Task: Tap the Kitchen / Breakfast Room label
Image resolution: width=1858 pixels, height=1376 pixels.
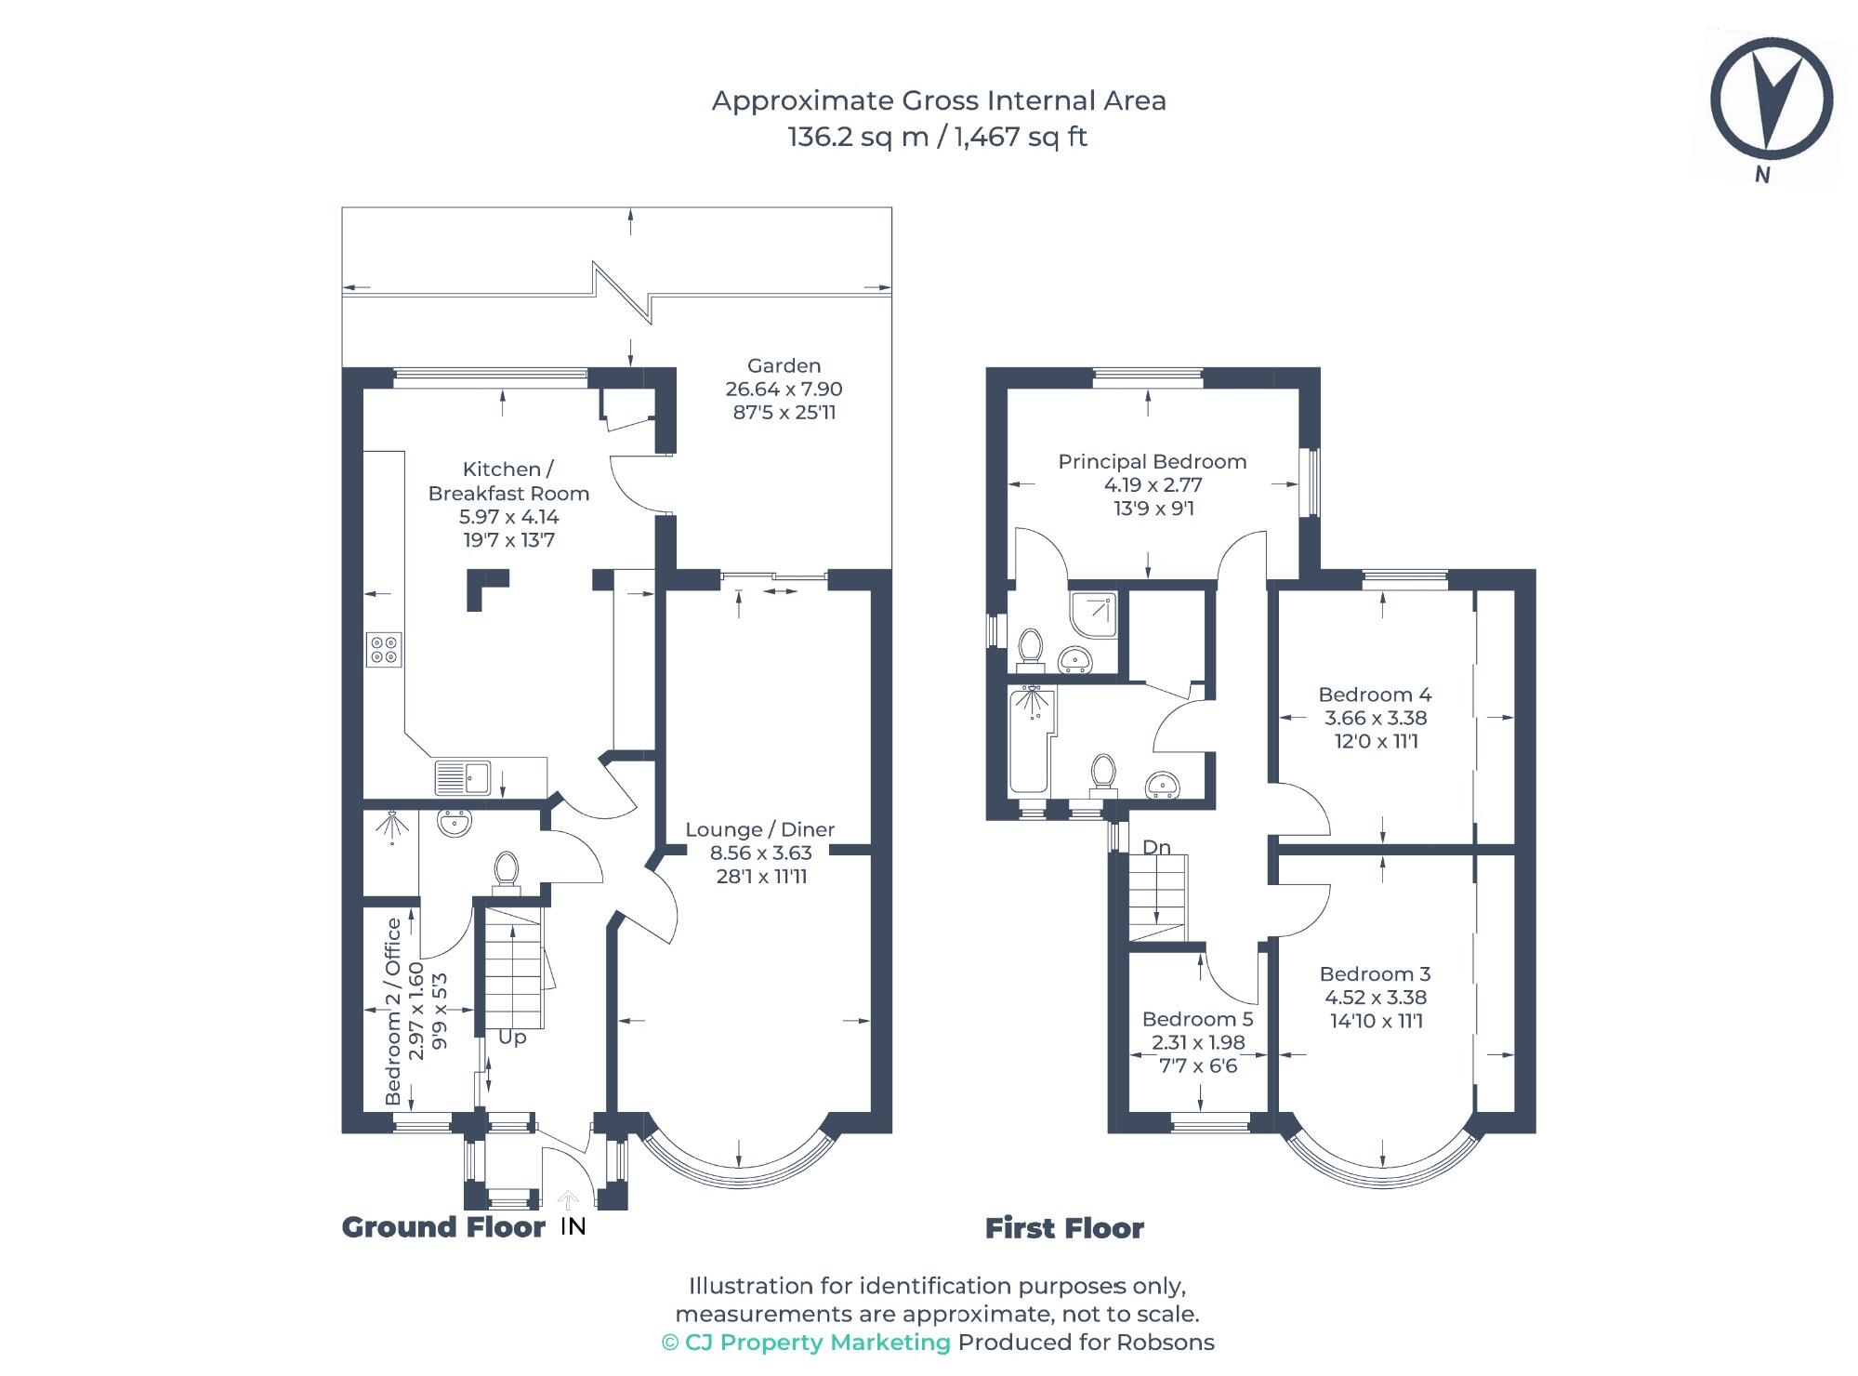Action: (508, 482)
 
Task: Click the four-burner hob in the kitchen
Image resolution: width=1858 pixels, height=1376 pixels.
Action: (385, 648)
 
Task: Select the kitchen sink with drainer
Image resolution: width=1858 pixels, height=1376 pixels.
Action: (462, 777)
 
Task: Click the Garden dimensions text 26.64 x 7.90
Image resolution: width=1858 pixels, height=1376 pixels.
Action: (784, 389)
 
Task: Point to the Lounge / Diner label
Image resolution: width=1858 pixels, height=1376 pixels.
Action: (759, 829)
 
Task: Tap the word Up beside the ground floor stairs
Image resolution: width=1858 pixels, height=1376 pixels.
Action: (512, 1037)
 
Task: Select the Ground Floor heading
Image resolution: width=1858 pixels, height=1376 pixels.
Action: (443, 1227)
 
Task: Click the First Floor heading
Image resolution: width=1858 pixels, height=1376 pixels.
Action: (1064, 1228)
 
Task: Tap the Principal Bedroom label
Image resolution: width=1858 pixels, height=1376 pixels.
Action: (1152, 461)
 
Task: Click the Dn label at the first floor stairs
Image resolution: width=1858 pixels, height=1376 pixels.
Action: (1156, 847)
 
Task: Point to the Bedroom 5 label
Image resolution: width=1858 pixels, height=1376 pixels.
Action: (1197, 1019)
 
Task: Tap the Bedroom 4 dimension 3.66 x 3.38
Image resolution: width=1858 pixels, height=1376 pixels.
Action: (1375, 718)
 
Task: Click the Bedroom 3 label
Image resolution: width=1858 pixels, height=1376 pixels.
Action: (1375, 973)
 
